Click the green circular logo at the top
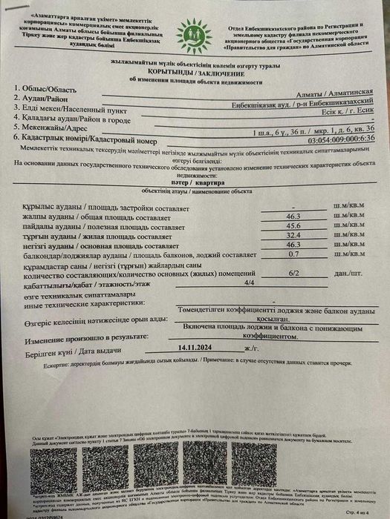tap(193, 33)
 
